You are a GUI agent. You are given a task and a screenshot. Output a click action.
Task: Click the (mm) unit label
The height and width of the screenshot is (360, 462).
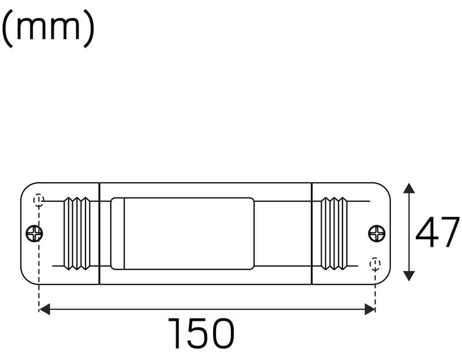(x=49, y=28)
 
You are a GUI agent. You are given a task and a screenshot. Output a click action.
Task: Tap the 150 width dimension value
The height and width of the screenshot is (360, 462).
(x=201, y=333)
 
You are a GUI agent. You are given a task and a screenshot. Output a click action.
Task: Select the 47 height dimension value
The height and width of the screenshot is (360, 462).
(x=437, y=232)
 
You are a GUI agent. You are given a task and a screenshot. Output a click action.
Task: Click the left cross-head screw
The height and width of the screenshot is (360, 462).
(x=35, y=233)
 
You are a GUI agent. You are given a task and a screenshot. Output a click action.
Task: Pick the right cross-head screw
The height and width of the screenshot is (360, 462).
(x=377, y=233)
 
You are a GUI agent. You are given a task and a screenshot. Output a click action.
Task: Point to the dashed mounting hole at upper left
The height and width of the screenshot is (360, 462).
(x=39, y=200)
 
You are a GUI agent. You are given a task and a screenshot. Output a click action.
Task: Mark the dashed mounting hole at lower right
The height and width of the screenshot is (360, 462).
(x=375, y=264)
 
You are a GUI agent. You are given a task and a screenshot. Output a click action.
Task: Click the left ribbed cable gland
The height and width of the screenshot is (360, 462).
(x=77, y=233)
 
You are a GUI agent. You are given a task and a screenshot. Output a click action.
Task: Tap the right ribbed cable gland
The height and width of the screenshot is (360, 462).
(x=334, y=233)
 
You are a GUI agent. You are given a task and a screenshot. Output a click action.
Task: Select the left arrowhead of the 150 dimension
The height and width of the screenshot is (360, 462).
(x=44, y=310)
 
